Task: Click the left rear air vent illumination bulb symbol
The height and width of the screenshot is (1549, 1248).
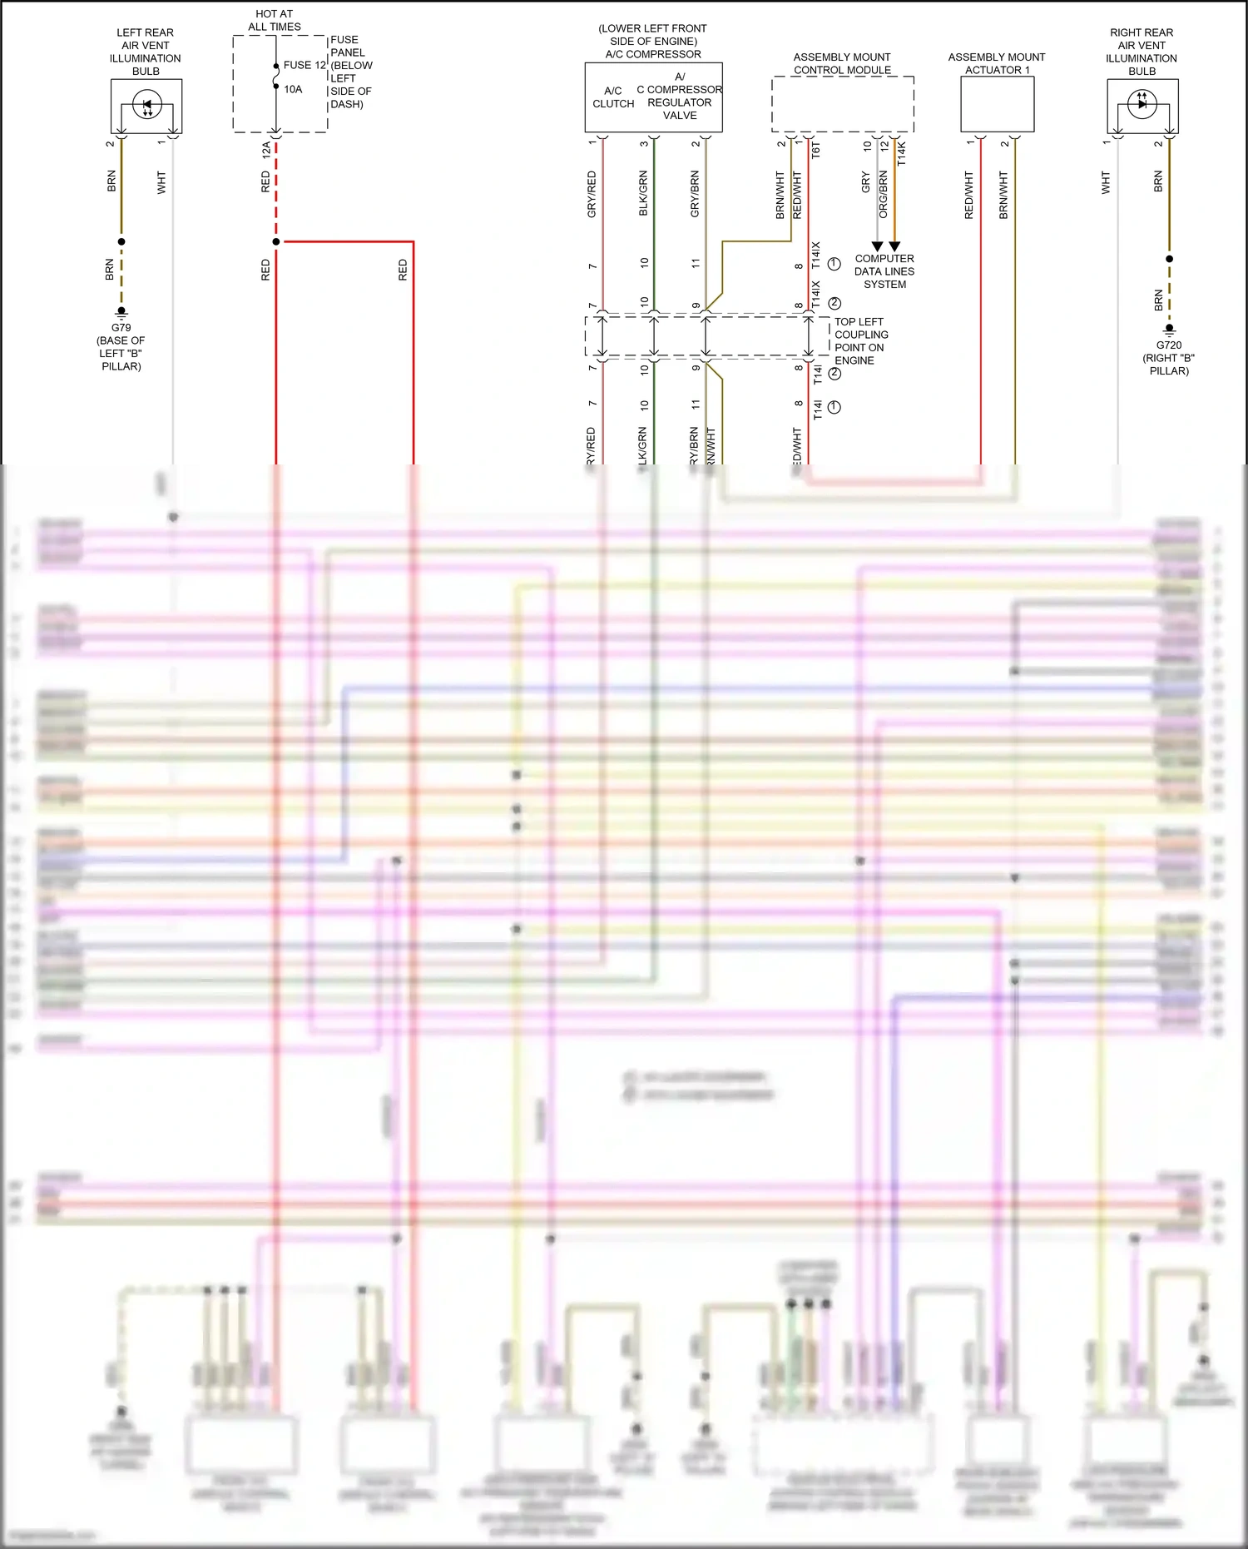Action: tap(147, 107)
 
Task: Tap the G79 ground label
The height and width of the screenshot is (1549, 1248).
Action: tap(121, 328)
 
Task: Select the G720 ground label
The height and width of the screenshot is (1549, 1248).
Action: tap(1168, 345)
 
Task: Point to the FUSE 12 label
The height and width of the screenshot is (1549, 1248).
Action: tap(305, 65)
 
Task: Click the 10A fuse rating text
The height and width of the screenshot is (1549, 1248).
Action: tap(293, 89)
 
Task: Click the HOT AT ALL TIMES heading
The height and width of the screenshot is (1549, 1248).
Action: tap(275, 20)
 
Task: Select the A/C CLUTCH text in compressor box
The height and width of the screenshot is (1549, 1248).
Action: tap(613, 97)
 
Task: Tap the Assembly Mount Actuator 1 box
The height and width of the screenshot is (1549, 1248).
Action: tap(997, 105)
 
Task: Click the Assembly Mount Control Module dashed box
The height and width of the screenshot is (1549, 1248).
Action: tap(842, 105)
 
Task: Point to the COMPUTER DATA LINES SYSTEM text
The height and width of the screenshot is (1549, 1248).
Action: tap(884, 271)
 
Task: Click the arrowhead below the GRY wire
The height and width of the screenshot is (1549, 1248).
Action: tap(877, 246)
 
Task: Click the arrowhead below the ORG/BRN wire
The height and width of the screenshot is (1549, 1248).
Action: tap(894, 246)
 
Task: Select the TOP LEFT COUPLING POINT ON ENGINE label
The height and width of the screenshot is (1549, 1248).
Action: tap(860, 341)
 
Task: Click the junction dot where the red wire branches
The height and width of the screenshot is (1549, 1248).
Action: tap(276, 242)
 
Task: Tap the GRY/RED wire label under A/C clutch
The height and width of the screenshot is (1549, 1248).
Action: tap(592, 195)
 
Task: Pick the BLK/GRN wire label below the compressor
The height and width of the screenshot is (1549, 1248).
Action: tap(643, 194)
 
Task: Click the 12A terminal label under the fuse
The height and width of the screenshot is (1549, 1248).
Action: tap(266, 151)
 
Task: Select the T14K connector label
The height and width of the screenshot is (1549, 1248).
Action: tap(902, 154)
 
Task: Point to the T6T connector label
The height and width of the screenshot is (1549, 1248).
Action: tap(816, 151)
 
